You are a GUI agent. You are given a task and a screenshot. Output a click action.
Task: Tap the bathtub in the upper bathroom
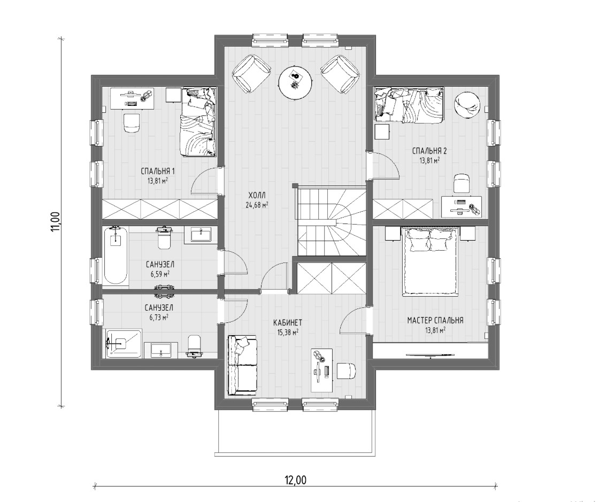(116, 256)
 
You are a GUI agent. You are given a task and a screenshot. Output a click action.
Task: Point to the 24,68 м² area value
(256, 205)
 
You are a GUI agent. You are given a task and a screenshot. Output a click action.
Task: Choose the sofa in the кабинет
(242, 366)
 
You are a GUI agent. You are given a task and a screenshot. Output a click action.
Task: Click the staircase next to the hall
(332, 221)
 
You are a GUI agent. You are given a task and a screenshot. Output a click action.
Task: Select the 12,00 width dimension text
(295, 480)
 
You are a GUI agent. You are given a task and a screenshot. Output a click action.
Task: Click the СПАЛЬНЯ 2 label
(429, 151)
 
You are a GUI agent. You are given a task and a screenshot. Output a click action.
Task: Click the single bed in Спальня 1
(198, 122)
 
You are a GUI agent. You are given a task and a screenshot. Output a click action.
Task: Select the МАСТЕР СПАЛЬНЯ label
(435, 320)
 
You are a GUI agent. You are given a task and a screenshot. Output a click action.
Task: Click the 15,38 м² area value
(288, 333)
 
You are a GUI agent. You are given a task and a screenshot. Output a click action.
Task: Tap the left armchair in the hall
(252, 74)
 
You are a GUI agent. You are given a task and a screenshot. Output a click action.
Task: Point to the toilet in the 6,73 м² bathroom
(194, 346)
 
